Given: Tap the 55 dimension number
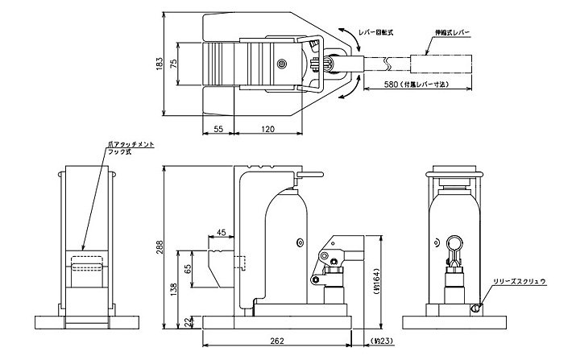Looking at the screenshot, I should (x=218, y=128).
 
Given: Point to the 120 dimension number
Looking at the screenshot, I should (x=270, y=128).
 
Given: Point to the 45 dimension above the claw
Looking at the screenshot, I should (x=221, y=234).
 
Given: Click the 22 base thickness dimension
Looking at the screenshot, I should (x=187, y=321).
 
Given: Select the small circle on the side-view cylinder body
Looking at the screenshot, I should (x=299, y=240).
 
